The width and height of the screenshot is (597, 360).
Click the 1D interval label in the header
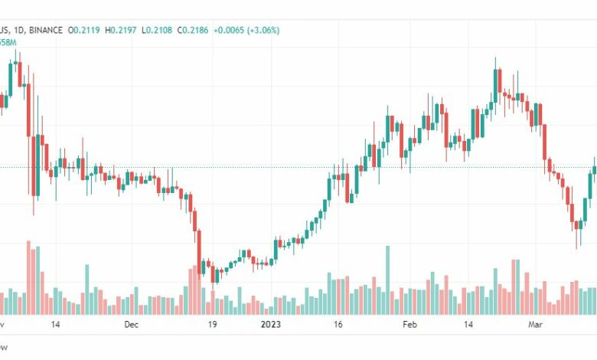coord(21,30)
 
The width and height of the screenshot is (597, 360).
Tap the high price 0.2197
coord(126,30)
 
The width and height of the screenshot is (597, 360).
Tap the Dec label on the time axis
coord(132,324)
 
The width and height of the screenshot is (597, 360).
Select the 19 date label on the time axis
coord(212,324)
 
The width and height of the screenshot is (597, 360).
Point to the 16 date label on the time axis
coord(338,324)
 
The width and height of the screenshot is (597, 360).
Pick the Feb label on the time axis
coord(409,324)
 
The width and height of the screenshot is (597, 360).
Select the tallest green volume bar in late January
coord(387,280)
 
